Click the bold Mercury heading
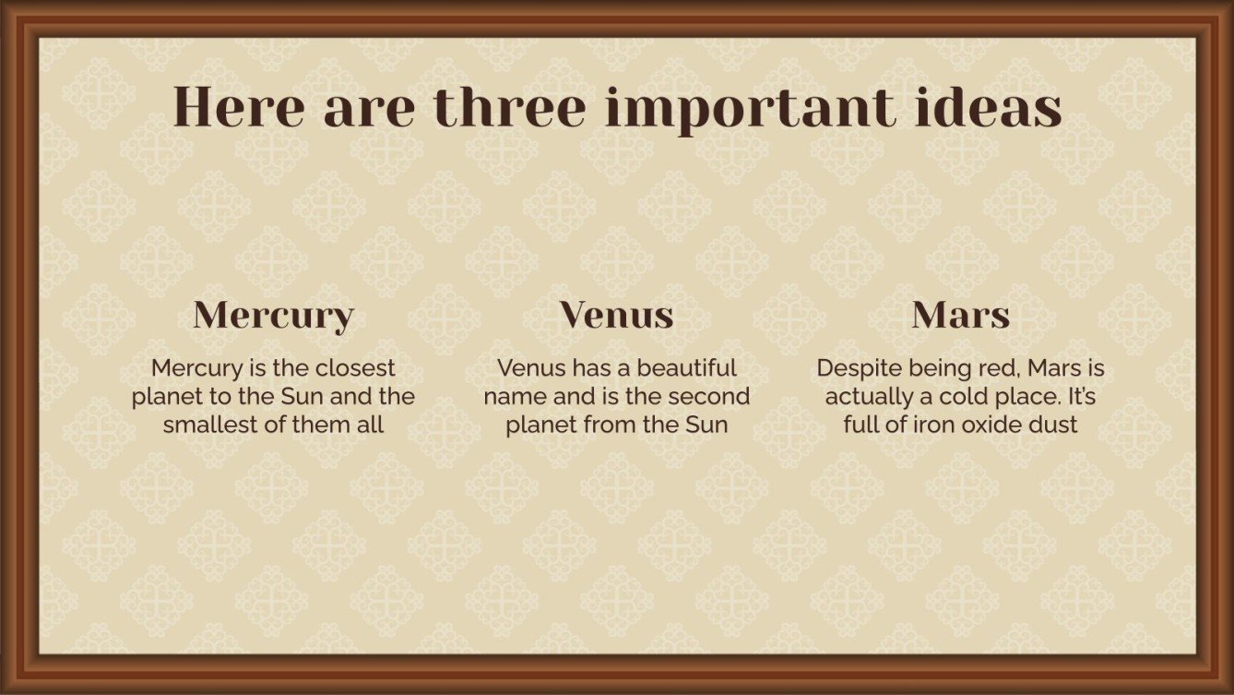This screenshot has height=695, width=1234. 273,316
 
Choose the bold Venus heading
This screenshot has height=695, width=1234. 616,315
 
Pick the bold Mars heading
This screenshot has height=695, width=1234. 960,316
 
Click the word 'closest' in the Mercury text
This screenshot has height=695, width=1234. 355,368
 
